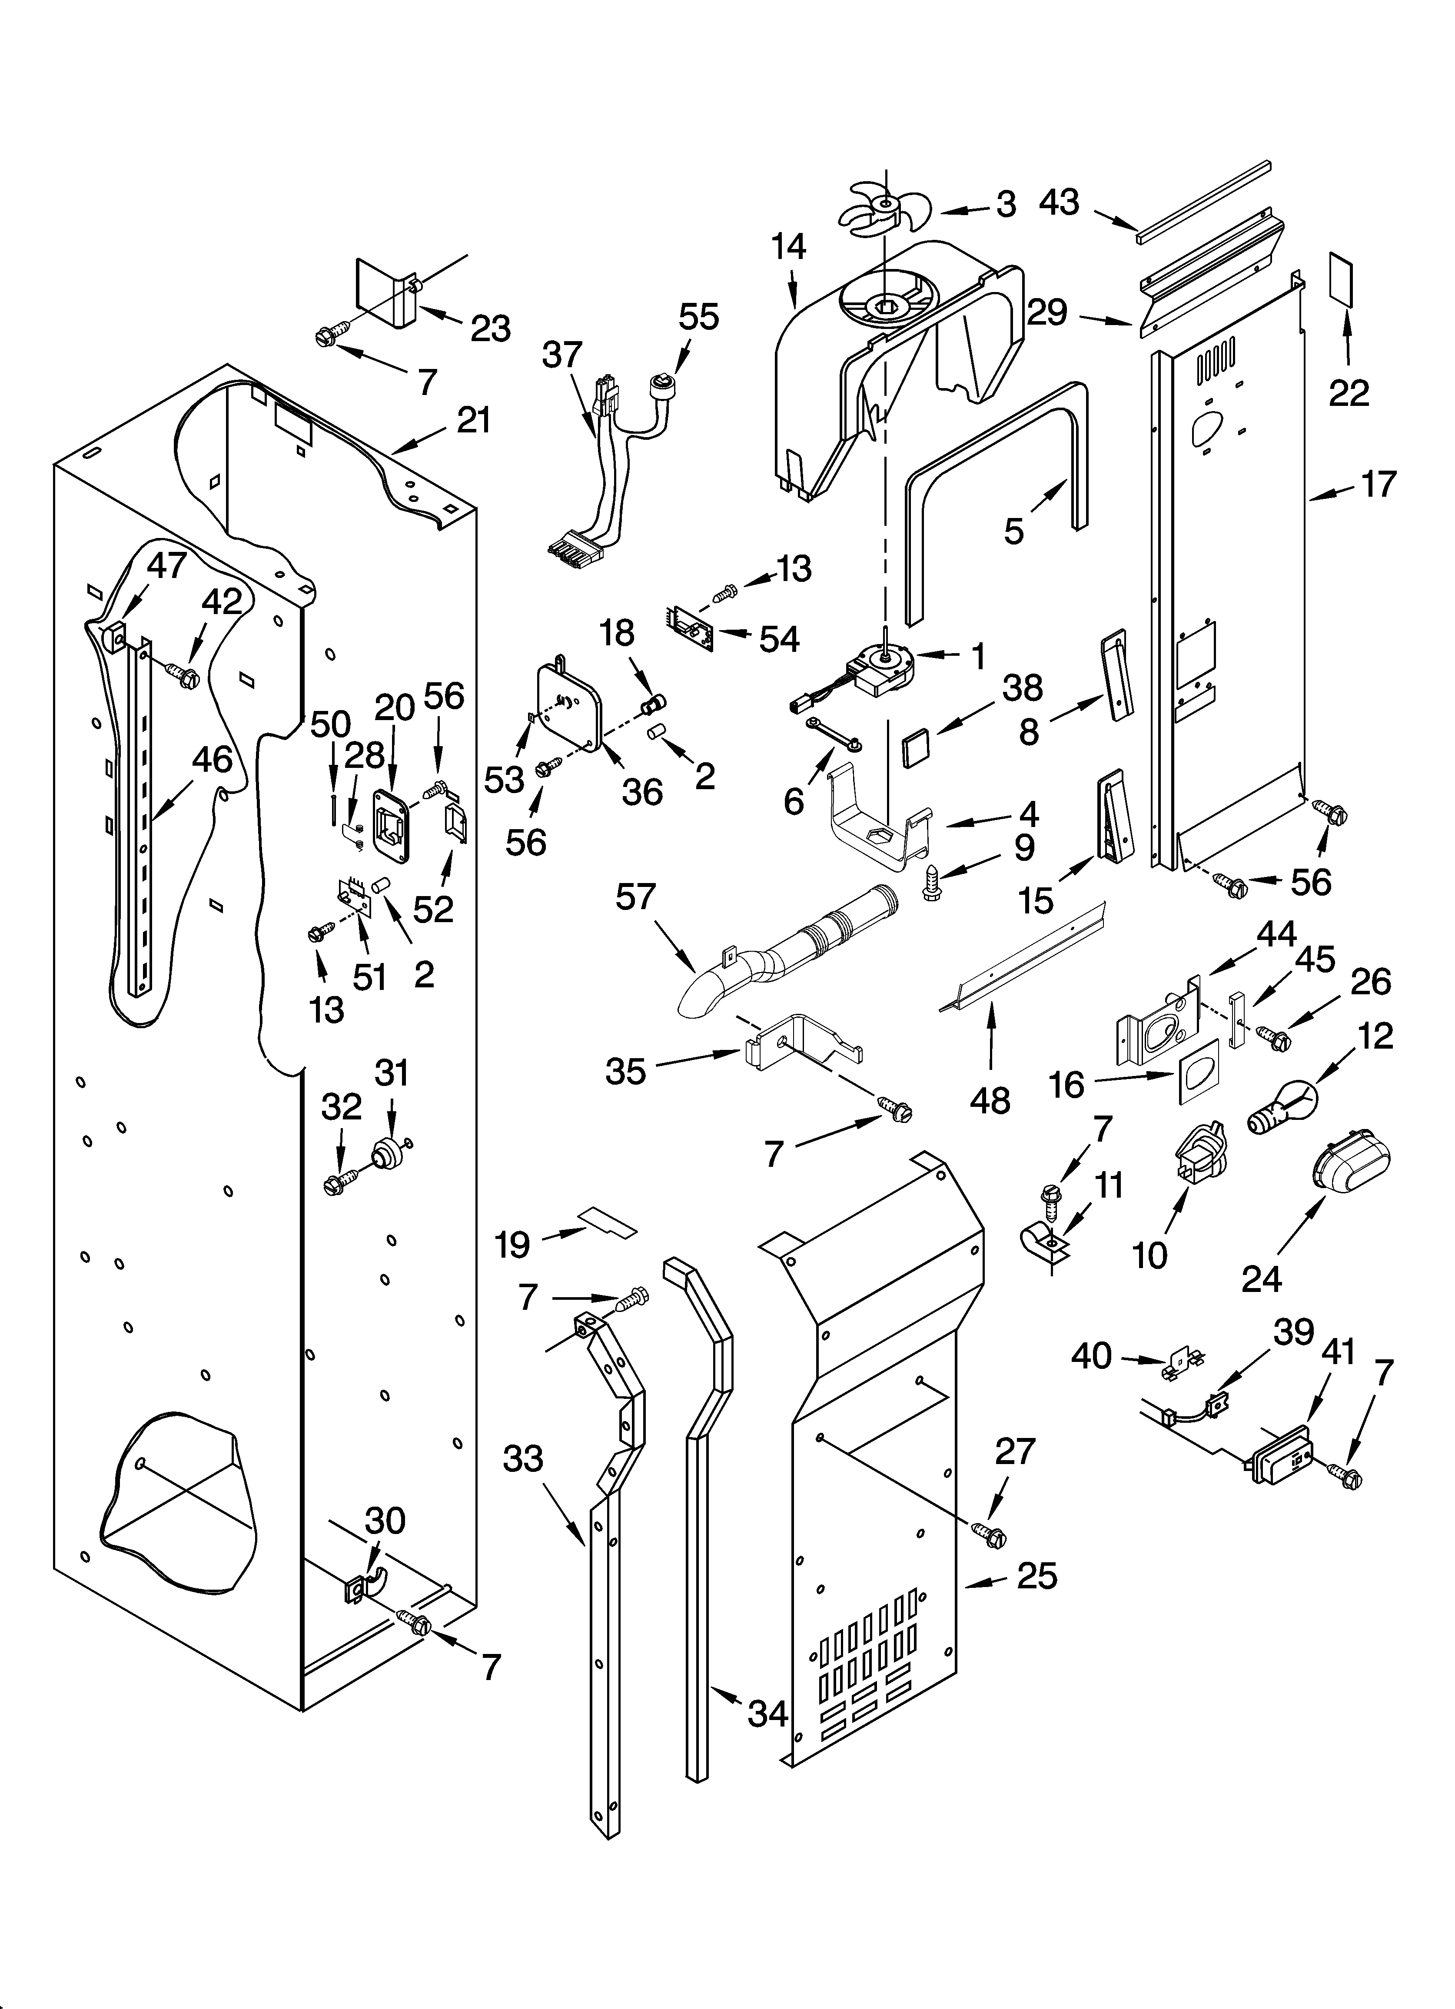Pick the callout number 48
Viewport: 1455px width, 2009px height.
click(990, 1101)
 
